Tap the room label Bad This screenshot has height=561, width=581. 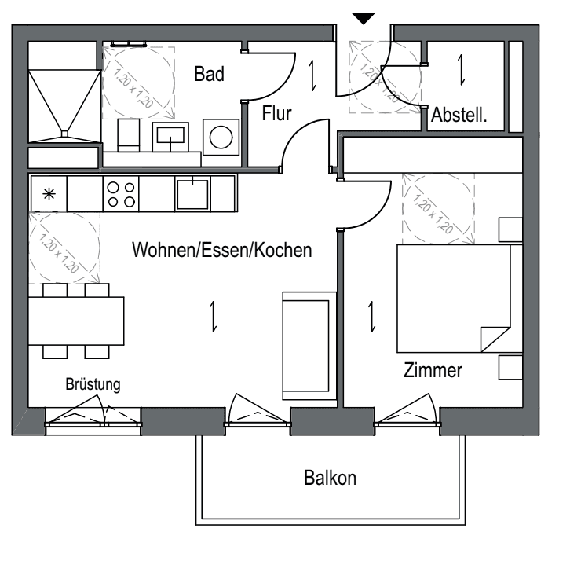210,75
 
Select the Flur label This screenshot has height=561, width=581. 277,114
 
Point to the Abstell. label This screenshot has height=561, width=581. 459,115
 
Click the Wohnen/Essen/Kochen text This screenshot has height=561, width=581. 222,251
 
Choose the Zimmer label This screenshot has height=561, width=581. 433,371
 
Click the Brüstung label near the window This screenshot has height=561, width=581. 92,385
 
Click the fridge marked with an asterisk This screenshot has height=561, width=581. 48,193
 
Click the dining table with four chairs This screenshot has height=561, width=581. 76,321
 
